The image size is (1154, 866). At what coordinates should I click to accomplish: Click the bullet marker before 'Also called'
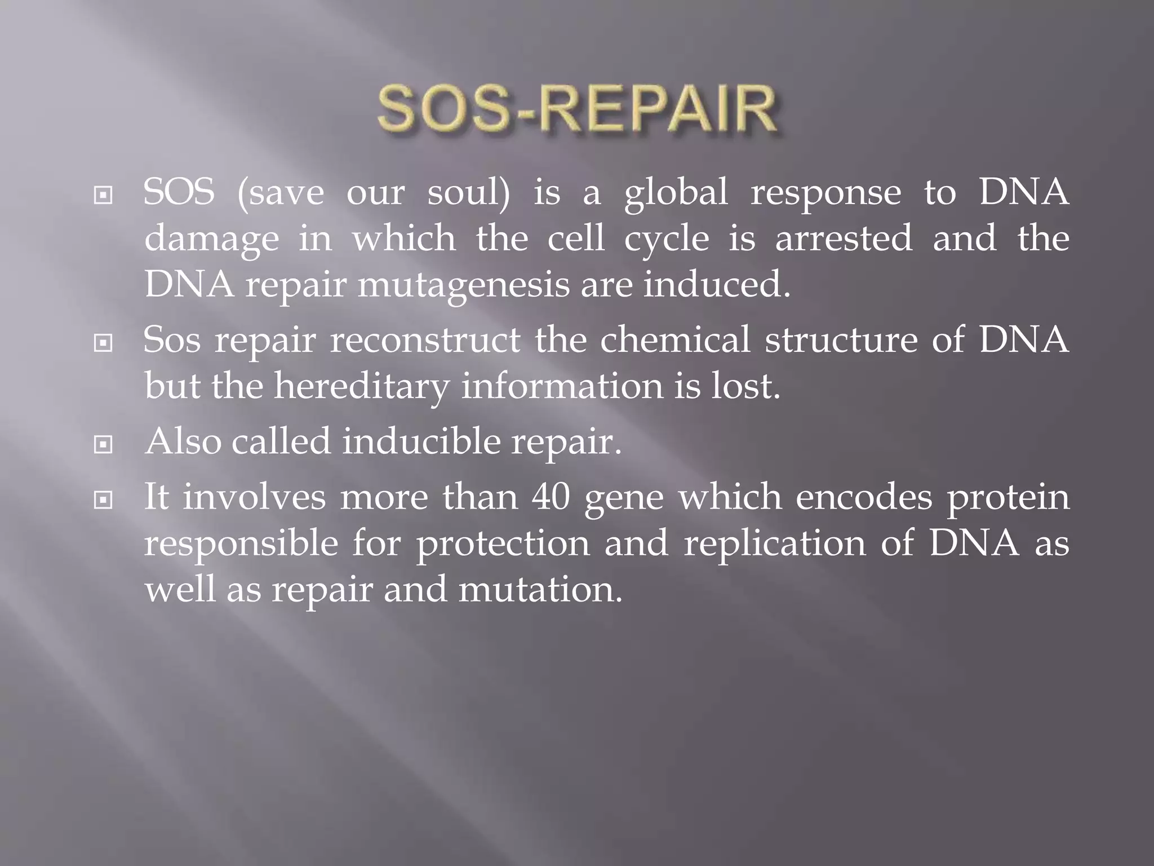pyautogui.click(x=103, y=445)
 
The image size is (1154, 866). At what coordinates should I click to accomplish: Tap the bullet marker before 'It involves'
pyautogui.click(x=103, y=500)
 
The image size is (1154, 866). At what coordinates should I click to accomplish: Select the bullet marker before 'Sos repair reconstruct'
pyautogui.click(x=103, y=342)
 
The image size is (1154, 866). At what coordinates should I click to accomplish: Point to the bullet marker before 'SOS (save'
pyautogui.click(x=103, y=196)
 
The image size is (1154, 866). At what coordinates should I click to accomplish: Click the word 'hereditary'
pyautogui.click(x=361, y=387)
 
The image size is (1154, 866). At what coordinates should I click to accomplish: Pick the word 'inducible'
pyautogui.click(x=421, y=441)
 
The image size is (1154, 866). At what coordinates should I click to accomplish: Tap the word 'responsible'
pyautogui.click(x=241, y=545)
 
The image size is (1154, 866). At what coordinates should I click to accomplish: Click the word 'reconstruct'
pyautogui.click(x=425, y=341)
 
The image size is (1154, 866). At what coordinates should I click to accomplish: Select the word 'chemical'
pyautogui.click(x=675, y=341)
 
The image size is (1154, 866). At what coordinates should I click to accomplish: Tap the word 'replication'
pyautogui.click(x=775, y=545)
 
